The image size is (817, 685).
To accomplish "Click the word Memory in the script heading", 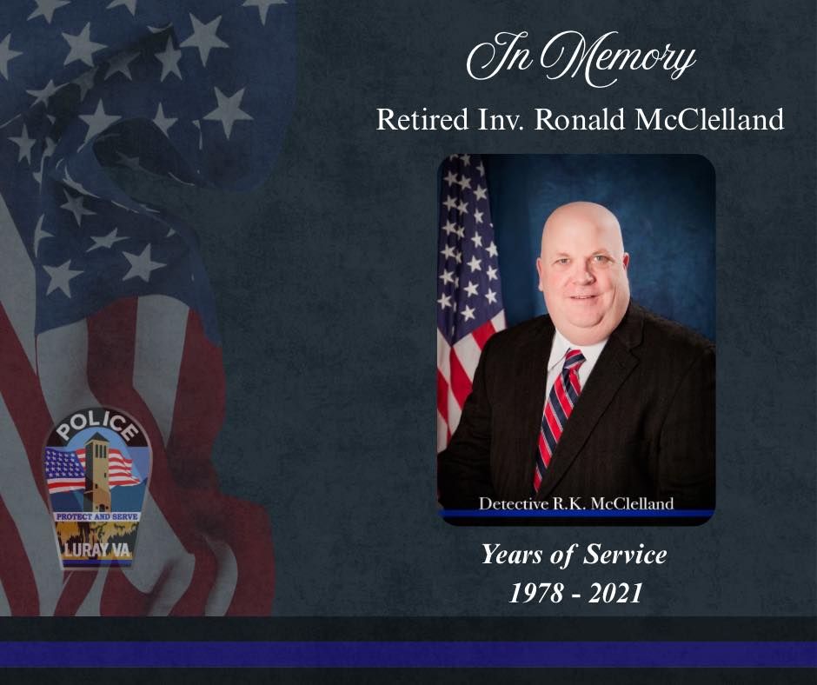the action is [617, 58].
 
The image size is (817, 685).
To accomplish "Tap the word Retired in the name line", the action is [422, 119].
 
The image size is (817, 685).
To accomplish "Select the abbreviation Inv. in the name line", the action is [501, 119].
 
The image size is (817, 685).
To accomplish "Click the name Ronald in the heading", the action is [580, 119].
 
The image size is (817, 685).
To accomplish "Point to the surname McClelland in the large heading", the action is [710, 119].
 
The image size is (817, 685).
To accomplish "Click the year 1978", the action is [536, 593].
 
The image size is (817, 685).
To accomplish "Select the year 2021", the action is [614, 593].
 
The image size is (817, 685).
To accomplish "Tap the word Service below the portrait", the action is [625, 554].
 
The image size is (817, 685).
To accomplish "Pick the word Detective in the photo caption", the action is [514, 503].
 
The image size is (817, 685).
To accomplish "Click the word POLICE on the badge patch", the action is [97, 425].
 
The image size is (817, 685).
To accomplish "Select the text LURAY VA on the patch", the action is [97, 549].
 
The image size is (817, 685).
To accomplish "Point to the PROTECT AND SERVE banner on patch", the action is [97, 516].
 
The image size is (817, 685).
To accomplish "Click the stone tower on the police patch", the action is [96, 472].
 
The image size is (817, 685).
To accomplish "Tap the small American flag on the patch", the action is [64, 471].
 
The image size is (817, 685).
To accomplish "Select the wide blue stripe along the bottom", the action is [408, 655].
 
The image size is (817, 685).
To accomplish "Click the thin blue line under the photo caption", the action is [576, 514].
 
